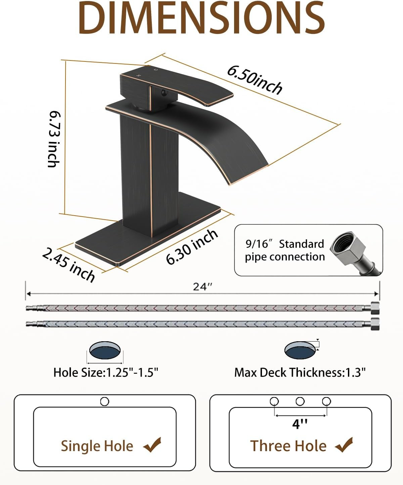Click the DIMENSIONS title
[201, 18]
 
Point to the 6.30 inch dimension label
[192, 247]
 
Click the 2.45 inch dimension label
[69, 265]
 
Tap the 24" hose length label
[203, 287]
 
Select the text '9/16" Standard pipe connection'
[285, 251]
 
